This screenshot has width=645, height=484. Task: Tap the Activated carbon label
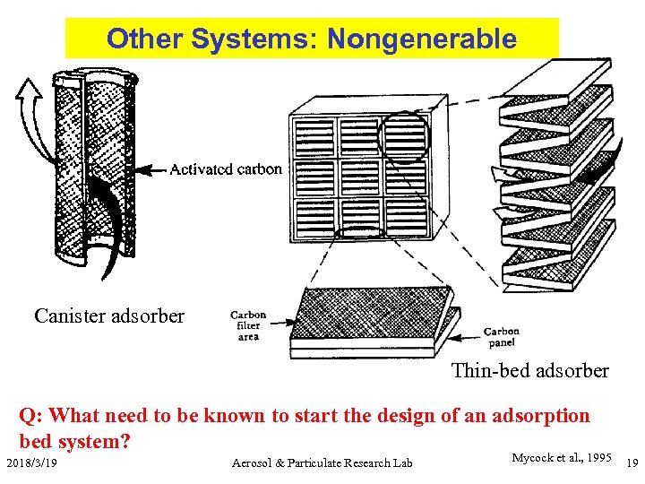[226, 169]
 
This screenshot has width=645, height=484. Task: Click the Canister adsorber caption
[109, 315]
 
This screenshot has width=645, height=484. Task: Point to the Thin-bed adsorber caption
[529, 370]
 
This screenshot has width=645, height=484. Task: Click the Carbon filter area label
[248, 325]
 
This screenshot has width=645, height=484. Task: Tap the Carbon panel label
[501, 337]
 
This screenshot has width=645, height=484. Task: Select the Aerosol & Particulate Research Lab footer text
[322, 462]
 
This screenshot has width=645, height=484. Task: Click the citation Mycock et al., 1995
[561, 458]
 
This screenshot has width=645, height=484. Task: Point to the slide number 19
[630, 462]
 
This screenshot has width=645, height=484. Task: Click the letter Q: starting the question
[31, 416]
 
